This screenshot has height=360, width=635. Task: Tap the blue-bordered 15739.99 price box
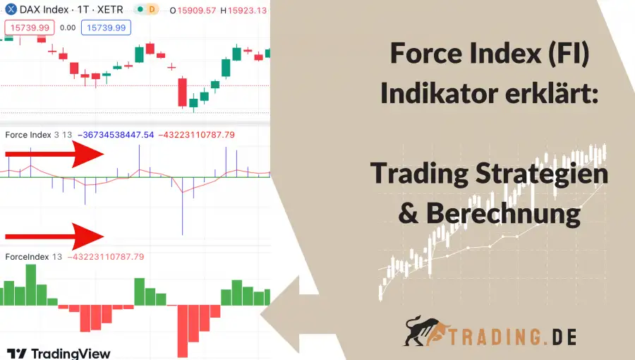(104, 28)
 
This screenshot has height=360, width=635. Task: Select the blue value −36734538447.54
(119, 134)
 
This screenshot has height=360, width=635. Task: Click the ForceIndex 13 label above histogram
(32, 257)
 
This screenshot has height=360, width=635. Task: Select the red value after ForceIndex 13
(106, 257)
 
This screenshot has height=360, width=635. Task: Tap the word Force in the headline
(424, 54)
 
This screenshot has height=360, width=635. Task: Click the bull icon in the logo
(425, 332)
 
